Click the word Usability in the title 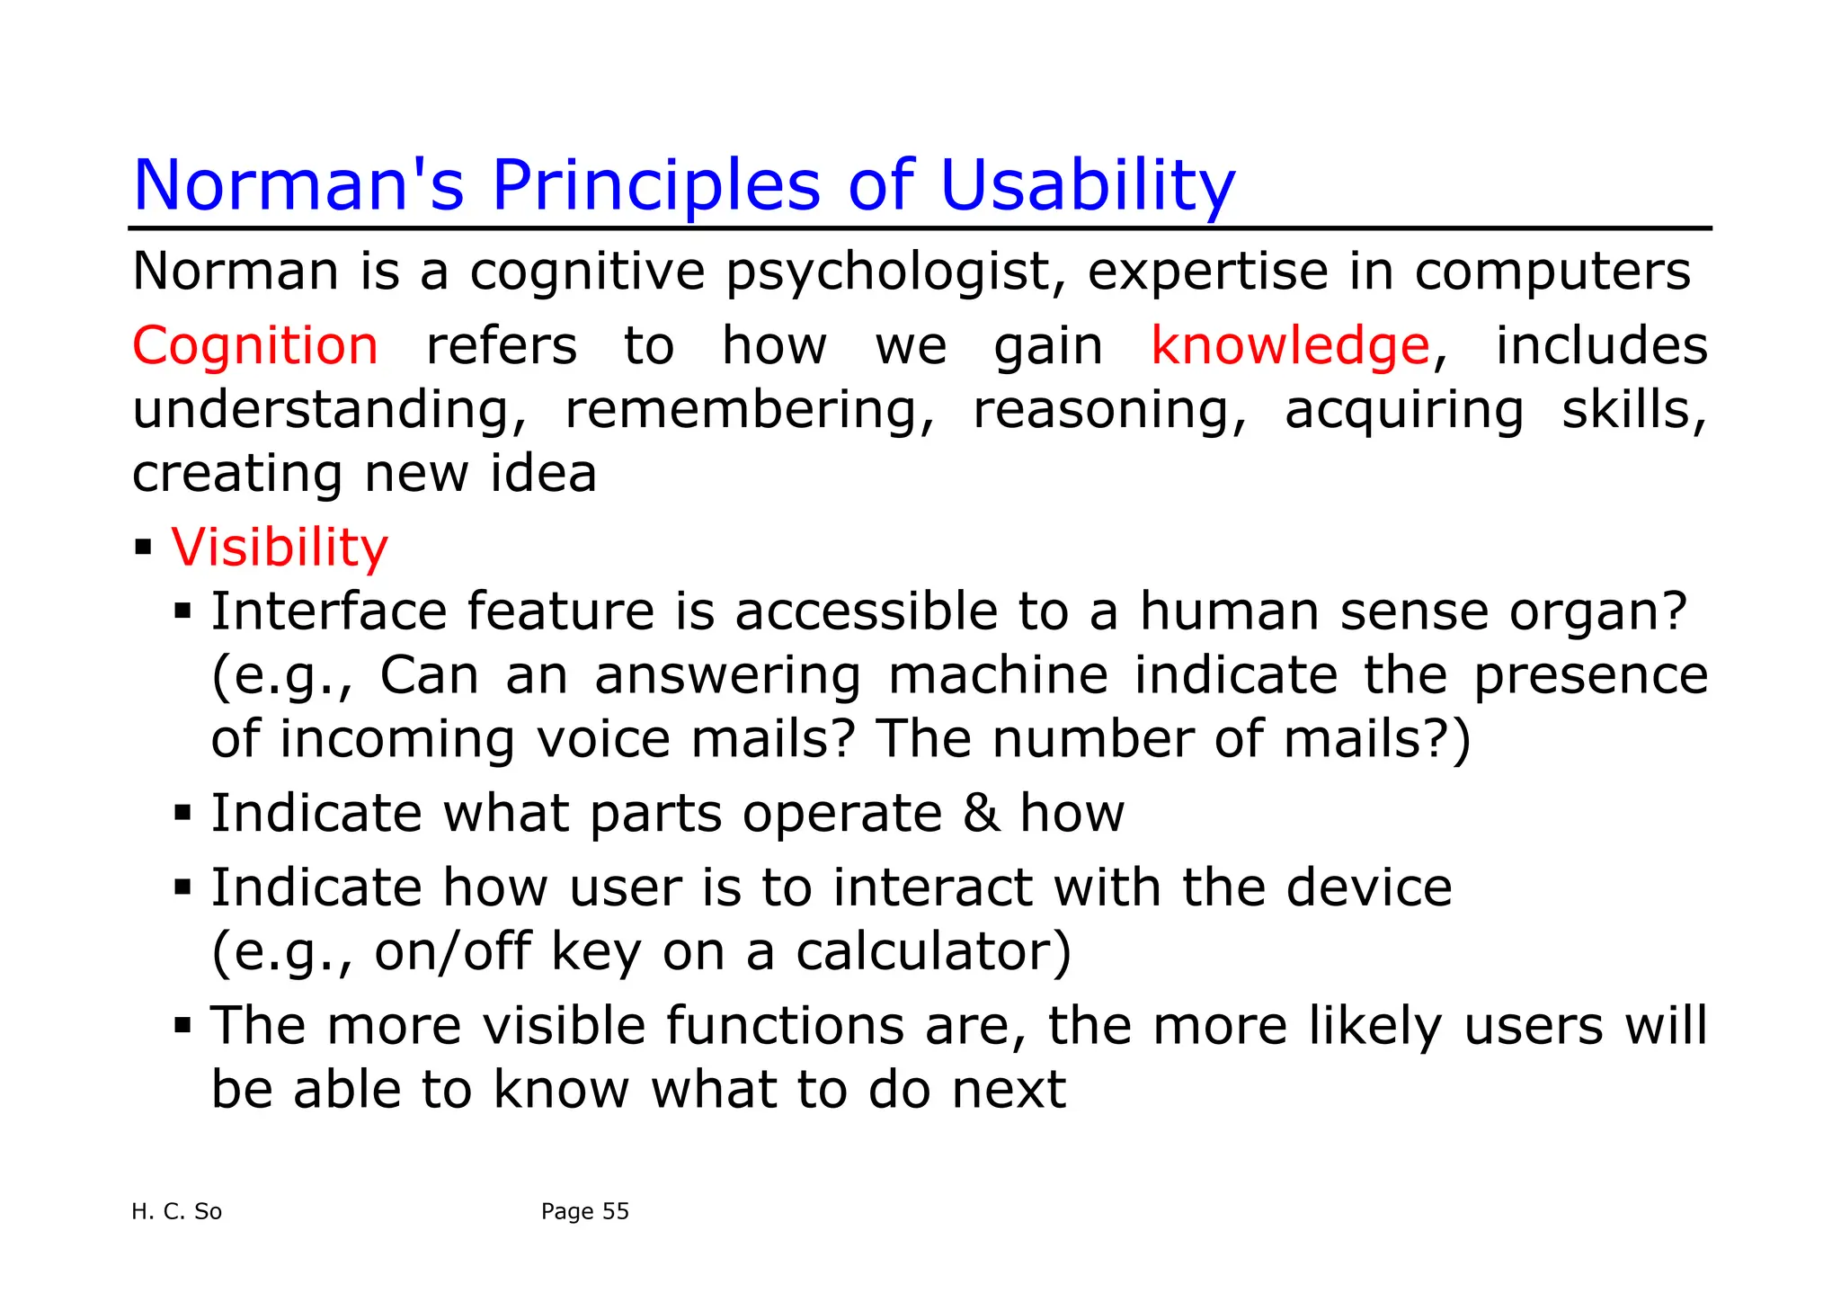[x=1087, y=186]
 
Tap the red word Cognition [x=255, y=346]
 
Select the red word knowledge [x=1290, y=346]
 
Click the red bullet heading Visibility [x=280, y=548]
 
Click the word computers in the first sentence [x=1552, y=272]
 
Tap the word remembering [x=749, y=410]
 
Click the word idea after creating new [x=543, y=474]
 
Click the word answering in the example [x=727, y=675]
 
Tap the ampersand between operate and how [x=981, y=814]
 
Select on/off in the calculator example [x=452, y=952]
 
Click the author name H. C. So [x=176, y=1212]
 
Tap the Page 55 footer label [x=584, y=1212]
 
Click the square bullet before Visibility [x=143, y=547]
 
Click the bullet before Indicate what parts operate [x=182, y=814]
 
